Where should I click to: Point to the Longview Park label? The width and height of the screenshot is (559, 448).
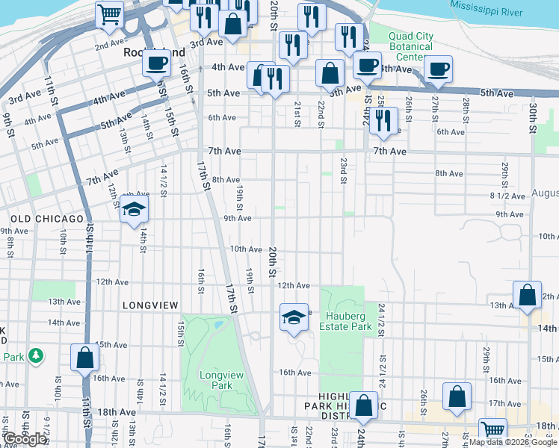coord(216,380)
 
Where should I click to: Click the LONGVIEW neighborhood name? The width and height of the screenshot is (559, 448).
coord(150,305)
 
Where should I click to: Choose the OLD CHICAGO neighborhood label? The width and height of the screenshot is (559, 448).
coord(48,219)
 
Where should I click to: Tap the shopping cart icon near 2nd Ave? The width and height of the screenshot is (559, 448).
coord(110,13)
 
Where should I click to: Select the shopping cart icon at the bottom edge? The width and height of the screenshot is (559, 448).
coord(492,430)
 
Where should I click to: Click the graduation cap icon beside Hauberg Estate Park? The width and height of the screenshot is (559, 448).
coord(294,317)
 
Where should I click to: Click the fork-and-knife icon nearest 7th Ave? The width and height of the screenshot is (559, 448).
coord(383,120)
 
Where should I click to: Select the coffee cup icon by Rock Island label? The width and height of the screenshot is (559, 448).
coord(157,63)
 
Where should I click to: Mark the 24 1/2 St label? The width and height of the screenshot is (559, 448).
coord(381,317)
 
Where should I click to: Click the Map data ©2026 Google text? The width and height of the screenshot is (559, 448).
coord(513,442)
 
